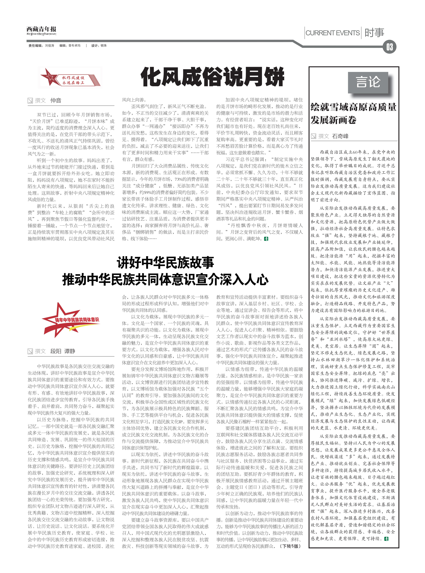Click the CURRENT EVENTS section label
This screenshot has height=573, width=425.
(332, 33)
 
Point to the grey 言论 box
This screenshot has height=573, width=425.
(368, 82)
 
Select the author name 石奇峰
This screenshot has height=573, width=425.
(340, 136)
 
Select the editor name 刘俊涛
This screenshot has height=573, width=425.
(50, 46)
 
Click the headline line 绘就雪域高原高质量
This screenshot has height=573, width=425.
(354, 107)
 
